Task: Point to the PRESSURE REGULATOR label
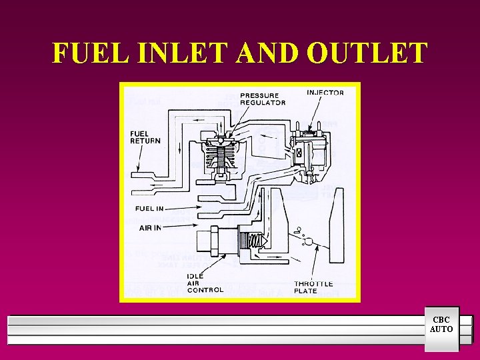[x=263, y=99]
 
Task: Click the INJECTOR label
[x=325, y=93]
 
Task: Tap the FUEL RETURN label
[x=145, y=137]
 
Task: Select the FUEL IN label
[x=149, y=209]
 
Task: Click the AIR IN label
[x=150, y=227]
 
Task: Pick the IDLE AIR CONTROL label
[x=205, y=283]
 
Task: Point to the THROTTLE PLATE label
[x=313, y=287]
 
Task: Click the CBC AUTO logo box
[x=441, y=325]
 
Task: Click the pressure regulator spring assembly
[x=221, y=160]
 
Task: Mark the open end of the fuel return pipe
[x=136, y=177]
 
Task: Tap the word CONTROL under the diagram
[x=205, y=290]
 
